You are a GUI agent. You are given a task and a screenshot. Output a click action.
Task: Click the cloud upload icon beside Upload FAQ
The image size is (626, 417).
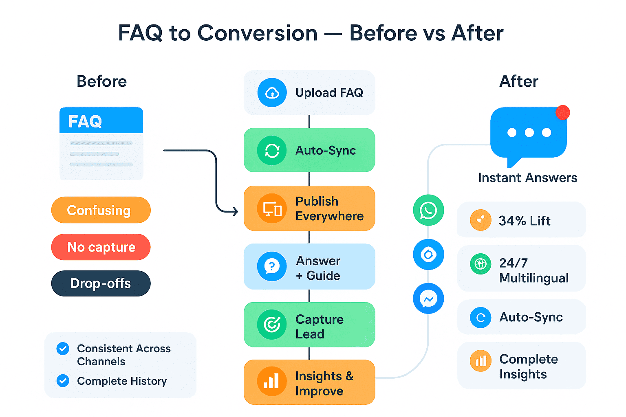(272, 92)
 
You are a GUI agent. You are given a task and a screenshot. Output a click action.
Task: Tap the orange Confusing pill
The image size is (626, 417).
(101, 210)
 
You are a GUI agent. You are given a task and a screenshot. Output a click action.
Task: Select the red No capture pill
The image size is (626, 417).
(101, 247)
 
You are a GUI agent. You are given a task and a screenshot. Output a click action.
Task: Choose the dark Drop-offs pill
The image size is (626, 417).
(101, 283)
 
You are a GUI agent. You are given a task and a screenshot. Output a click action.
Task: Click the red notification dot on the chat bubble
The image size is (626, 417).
(562, 112)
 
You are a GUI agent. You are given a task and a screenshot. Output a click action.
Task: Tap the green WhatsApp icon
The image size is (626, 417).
(428, 210)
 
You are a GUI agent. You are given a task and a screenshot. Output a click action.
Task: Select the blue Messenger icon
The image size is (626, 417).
(428, 298)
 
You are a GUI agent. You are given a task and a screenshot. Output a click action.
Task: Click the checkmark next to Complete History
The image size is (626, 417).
(63, 381)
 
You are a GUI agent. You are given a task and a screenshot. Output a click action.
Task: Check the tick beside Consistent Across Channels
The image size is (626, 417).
(63, 349)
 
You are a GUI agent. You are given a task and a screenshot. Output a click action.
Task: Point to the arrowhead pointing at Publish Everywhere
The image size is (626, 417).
(236, 211)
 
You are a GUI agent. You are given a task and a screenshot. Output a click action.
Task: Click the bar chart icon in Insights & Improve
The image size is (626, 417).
(272, 381)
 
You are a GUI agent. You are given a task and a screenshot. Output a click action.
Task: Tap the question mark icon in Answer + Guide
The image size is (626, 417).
(272, 266)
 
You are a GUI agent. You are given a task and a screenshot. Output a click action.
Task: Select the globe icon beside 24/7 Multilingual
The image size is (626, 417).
(481, 264)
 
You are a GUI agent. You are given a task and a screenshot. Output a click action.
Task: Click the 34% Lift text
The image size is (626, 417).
(525, 221)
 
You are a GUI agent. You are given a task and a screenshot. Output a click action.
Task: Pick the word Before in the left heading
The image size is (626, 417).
(102, 81)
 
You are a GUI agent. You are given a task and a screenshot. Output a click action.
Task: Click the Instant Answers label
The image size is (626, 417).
(528, 178)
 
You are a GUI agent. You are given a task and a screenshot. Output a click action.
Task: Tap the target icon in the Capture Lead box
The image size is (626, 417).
(272, 324)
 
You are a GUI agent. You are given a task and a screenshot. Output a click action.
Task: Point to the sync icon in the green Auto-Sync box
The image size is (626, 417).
(272, 151)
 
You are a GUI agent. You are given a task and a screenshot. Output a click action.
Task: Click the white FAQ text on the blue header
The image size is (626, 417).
(85, 121)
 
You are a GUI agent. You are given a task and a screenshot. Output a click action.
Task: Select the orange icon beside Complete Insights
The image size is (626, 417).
(481, 360)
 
